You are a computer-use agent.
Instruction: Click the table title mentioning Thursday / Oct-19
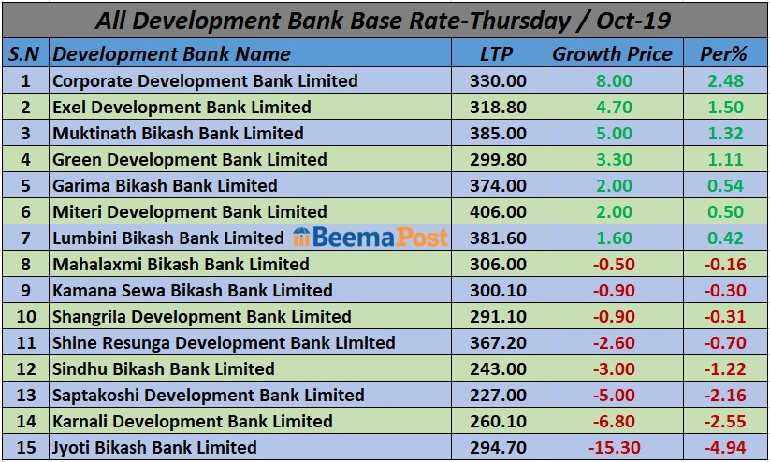coord(385,20)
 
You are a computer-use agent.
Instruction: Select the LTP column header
coord(495,53)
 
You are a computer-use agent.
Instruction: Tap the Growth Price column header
coord(612,53)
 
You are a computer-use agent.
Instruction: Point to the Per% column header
coord(723,53)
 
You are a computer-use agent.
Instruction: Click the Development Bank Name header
coord(171,53)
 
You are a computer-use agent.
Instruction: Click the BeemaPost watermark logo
coord(370,238)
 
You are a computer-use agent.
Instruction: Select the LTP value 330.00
coord(495,81)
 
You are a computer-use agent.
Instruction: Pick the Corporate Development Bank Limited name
coord(205,81)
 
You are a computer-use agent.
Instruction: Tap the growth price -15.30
coord(612,448)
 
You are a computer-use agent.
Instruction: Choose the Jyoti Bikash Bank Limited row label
coord(154,448)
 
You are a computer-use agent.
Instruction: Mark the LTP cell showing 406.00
coord(495,212)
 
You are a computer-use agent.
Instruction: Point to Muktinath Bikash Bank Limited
coord(178,134)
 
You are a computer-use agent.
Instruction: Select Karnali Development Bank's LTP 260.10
coord(495,422)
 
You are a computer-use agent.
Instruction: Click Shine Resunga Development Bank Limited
coord(224,343)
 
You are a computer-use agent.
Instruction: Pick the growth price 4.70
coord(614,108)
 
